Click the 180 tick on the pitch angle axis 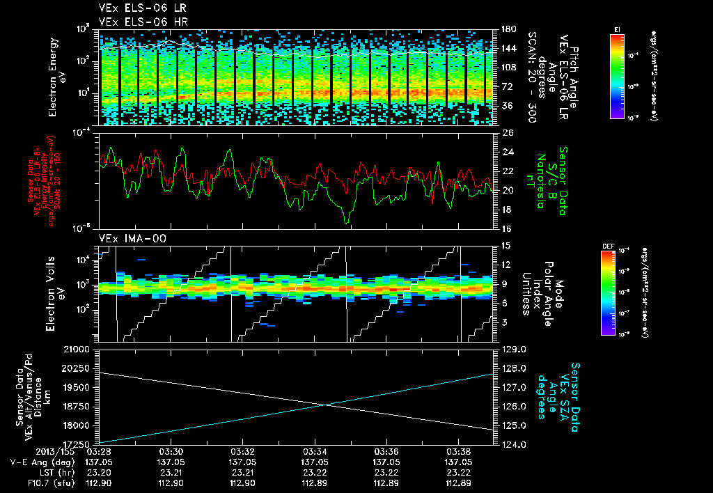tap(508, 29)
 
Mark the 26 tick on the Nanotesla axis tap(507, 132)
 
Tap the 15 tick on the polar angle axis tap(506, 245)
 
